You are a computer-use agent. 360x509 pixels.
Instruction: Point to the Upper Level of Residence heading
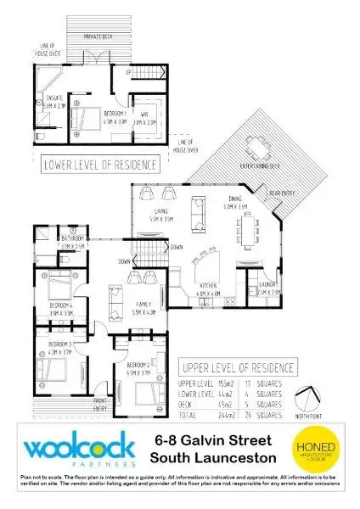239,367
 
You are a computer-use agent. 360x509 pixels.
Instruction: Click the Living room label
159,215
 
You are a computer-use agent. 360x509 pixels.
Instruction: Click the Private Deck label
100,37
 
